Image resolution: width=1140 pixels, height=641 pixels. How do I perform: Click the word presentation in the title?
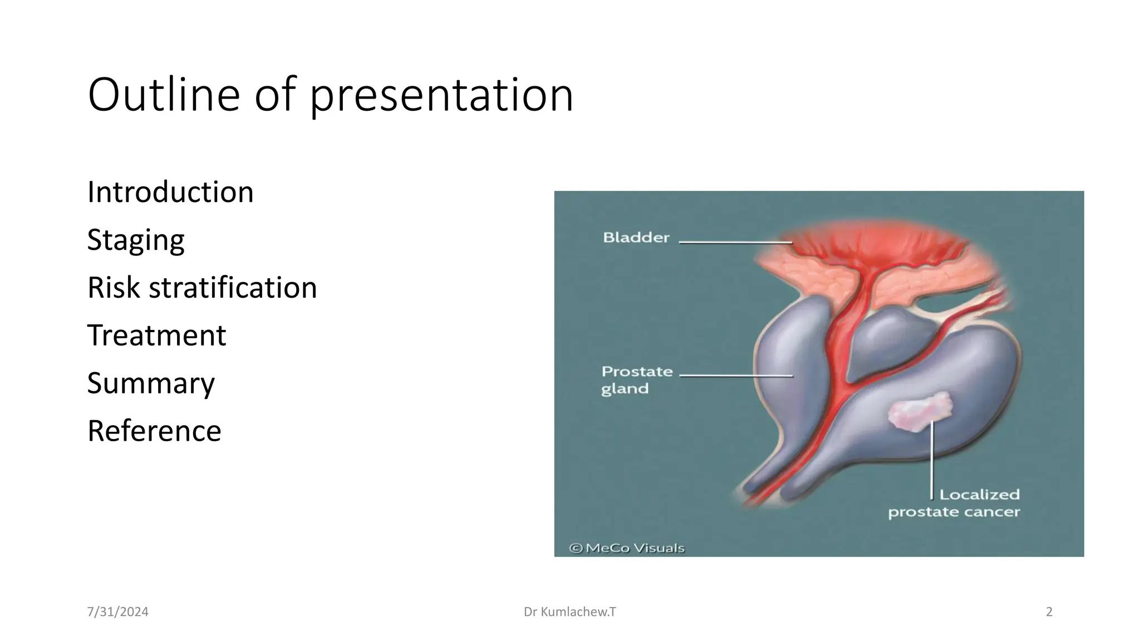(x=441, y=96)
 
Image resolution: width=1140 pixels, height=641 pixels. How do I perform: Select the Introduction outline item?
(x=170, y=192)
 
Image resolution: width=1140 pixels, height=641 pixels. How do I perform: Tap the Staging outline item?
(x=136, y=240)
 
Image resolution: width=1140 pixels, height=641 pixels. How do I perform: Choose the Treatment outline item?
(x=156, y=336)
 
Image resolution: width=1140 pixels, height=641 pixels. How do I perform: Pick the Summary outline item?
(x=151, y=383)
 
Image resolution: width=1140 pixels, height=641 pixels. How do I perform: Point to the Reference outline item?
(x=154, y=431)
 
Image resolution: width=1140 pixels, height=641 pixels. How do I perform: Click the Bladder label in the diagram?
(x=636, y=238)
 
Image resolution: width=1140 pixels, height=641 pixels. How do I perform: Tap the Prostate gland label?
(x=636, y=379)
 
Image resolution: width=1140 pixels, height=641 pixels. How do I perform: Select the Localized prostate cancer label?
(x=954, y=503)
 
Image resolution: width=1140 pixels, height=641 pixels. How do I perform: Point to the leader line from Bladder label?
(x=735, y=243)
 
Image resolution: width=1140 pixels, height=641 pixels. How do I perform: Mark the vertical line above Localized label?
(x=932, y=462)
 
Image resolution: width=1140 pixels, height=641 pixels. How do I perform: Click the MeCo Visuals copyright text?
(x=627, y=548)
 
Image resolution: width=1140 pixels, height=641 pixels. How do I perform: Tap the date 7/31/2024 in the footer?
(x=118, y=612)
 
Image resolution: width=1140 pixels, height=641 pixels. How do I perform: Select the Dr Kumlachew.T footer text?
(x=569, y=612)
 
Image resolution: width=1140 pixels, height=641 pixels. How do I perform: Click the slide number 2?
(x=1049, y=612)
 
